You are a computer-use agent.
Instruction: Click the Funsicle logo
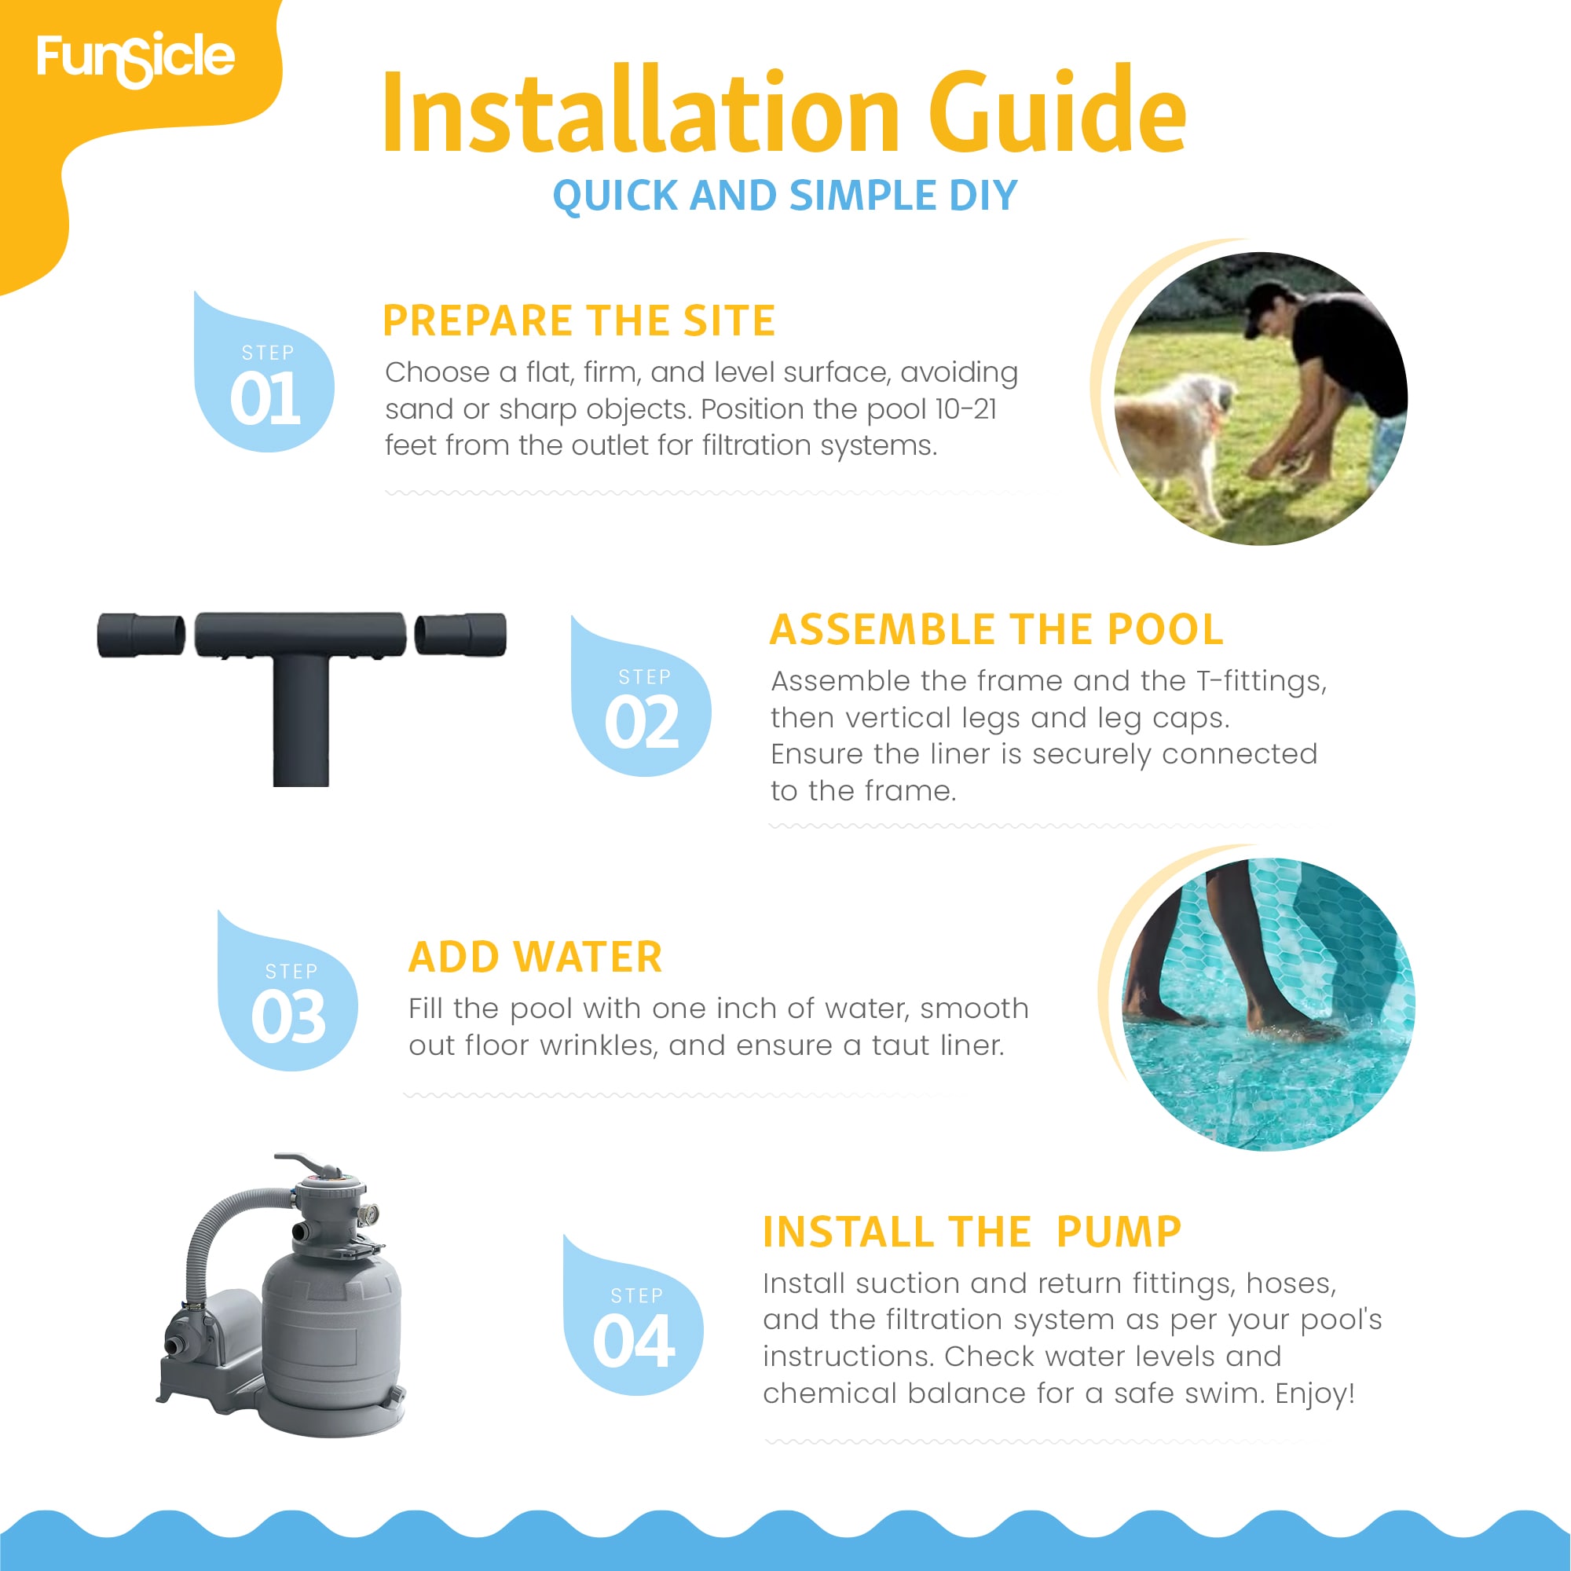136,59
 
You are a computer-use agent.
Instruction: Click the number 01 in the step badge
265,399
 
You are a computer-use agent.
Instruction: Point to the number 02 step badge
641,696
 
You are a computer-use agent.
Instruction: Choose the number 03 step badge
287,991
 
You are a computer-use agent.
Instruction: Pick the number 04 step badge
632,1316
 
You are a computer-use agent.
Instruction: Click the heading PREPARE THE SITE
579,320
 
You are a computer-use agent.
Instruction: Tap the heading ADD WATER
535,957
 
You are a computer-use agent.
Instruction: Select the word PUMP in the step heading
1118,1232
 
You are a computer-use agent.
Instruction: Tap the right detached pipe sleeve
460,634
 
